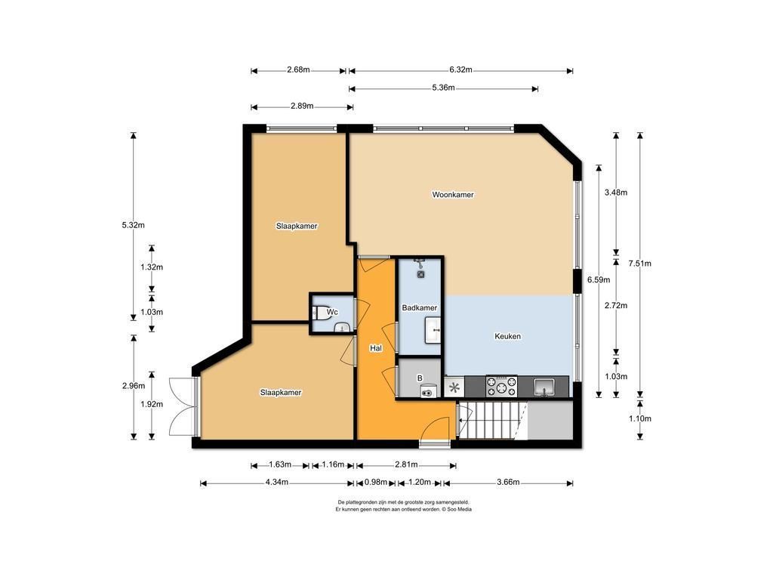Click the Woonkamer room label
pyautogui.click(x=453, y=195)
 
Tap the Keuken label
pyautogui.click(x=507, y=336)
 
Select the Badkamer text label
pyautogui.click(x=419, y=308)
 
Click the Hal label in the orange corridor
pyautogui.click(x=376, y=348)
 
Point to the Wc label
pyautogui.click(x=332, y=312)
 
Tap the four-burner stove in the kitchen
pyautogui.click(x=501, y=386)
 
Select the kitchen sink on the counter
pyautogui.click(x=544, y=387)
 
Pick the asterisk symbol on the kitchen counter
pyautogui.click(x=454, y=387)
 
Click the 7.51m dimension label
pyautogui.click(x=639, y=264)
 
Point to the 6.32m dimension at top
pyautogui.click(x=460, y=70)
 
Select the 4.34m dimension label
pyautogui.click(x=276, y=483)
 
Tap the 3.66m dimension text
pyautogui.click(x=508, y=483)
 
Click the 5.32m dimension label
pyautogui.click(x=133, y=225)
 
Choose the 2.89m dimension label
pyautogui.click(x=302, y=106)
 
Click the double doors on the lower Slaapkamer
pyautogui.click(x=183, y=406)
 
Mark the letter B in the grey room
pyautogui.click(x=420, y=378)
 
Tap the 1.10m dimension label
pyautogui.click(x=639, y=418)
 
